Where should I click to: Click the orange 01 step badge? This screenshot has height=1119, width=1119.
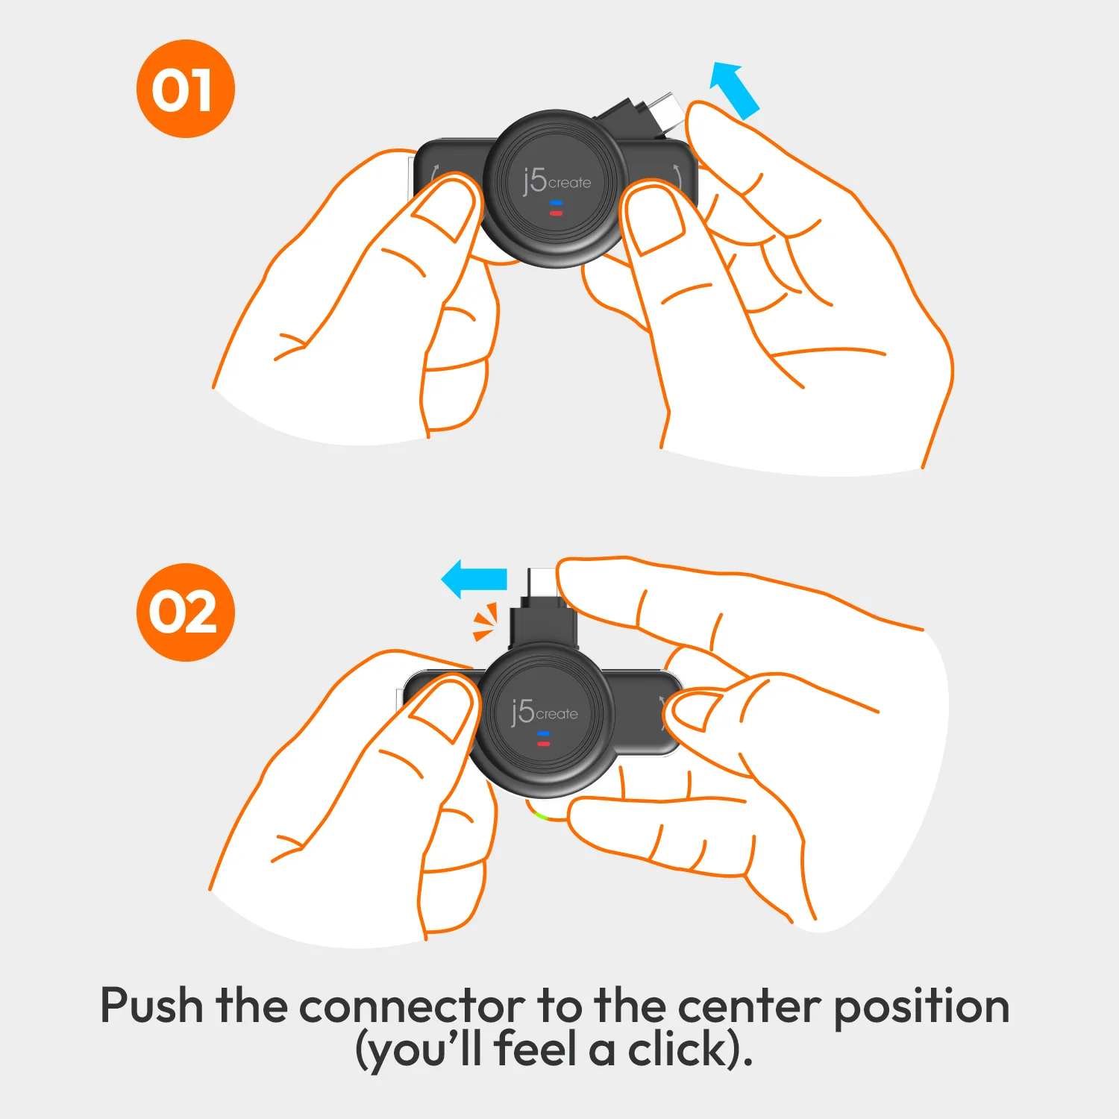point(185,89)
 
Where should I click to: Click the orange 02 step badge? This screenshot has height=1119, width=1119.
point(185,612)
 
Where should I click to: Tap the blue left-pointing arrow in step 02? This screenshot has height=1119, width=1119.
point(474,580)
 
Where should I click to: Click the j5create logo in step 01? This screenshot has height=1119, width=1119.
point(557,181)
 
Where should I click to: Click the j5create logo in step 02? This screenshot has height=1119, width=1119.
point(545,712)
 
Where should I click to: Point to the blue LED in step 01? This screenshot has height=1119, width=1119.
point(556,203)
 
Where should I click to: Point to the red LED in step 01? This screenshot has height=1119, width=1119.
point(556,213)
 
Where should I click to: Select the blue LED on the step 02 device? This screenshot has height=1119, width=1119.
point(543,734)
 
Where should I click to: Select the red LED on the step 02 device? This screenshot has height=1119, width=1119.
point(543,744)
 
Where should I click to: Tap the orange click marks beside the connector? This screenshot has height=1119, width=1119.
point(485,622)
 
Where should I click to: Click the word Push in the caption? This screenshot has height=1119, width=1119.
point(152,1006)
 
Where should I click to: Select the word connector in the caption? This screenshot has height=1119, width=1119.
point(412,1006)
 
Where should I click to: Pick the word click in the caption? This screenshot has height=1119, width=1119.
point(677,1050)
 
